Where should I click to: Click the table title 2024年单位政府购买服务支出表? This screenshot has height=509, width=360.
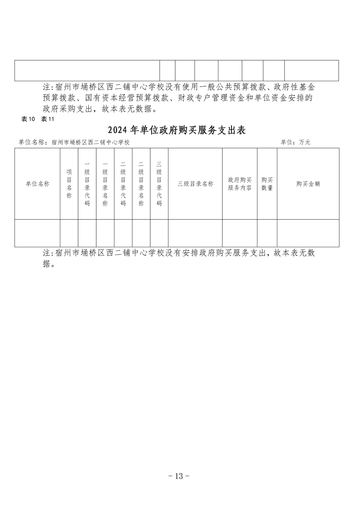[x=177, y=130]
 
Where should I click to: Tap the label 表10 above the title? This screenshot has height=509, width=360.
[x=28, y=119]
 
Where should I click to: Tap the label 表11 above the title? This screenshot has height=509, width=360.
[x=47, y=119]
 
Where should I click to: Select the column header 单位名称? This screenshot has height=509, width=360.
[x=37, y=184]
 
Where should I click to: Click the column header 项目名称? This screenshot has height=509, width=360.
[x=69, y=184]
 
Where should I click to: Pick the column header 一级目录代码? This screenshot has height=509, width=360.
[x=87, y=184]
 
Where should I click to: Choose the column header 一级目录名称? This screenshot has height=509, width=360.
[x=105, y=184]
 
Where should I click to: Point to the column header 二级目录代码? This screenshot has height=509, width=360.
[x=123, y=184]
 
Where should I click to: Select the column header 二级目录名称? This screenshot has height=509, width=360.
[x=141, y=184]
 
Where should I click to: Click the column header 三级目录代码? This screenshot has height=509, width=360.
[x=159, y=184]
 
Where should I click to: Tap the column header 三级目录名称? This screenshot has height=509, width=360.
[x=195, y=184]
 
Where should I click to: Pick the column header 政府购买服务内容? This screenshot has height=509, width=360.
[x=240, y=184]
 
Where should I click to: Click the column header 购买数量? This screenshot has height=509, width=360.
[x=267, y=184]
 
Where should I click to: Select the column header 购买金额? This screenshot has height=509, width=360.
[x=308, y=184]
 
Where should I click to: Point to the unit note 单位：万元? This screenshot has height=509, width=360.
[x=296, y=142]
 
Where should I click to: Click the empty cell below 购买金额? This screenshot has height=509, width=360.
[x=308, y=233]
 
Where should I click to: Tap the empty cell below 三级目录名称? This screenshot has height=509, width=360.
[x=195, y=233]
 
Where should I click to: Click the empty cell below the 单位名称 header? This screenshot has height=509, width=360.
[x=37, y=233]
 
